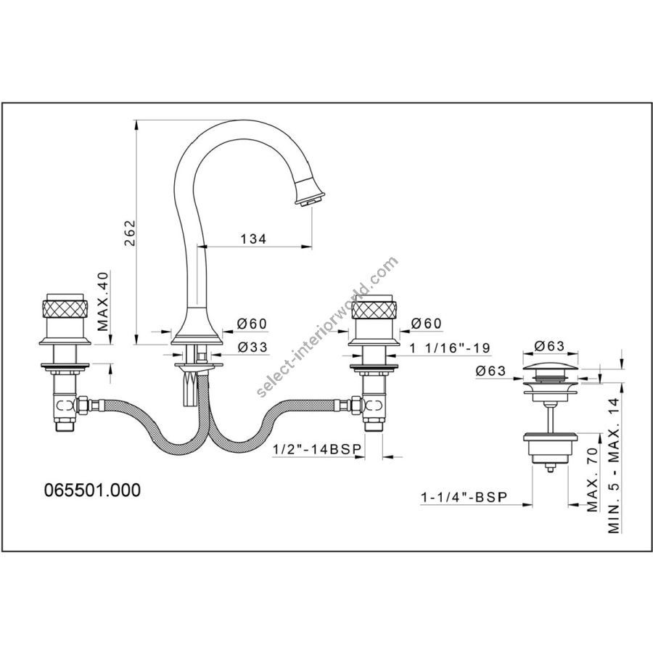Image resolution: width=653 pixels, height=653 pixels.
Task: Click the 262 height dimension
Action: [x=131, y=232]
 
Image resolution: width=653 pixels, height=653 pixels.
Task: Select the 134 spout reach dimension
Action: [x=252, y=239]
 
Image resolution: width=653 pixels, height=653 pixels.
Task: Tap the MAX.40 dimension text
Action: [x=103, y=300]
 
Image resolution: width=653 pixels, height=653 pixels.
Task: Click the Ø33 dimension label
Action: [x=252, y=347]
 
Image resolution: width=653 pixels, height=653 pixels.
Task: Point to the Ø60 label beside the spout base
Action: [x=252, y=324]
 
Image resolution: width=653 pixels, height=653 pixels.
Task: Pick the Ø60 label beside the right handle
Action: [x=426, y=323]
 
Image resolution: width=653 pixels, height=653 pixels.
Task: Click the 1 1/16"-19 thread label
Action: [x=450, y=348]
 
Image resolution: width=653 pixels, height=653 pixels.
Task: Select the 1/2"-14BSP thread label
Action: [x=316, y=449]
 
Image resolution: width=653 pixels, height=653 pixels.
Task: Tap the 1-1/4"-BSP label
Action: [x=464, y=497]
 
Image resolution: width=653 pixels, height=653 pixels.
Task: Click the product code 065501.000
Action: [x=92, y=490]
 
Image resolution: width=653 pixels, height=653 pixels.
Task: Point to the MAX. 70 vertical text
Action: [x=592, y=480]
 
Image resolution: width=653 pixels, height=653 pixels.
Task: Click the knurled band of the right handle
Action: [x=374, y=309]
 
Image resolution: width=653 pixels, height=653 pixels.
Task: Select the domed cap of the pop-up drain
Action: [x=550, y=368]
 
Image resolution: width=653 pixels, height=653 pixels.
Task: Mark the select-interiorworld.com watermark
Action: [x=328, y=328]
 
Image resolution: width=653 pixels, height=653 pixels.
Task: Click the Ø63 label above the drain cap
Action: [x=550, y=346]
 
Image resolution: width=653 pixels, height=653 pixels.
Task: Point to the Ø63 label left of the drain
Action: [x=491, y=371]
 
